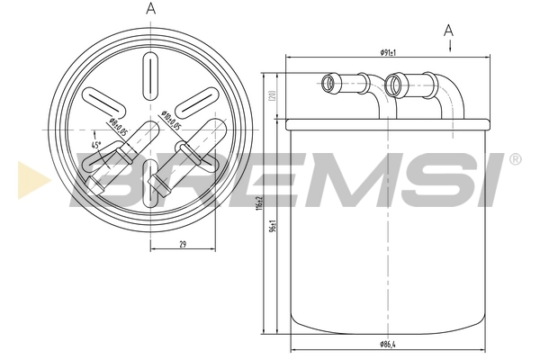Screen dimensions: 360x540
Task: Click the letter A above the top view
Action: pyautogui.click(x=150, y=9)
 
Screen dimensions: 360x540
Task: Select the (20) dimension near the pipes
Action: pyautogui.click(x=271, y=95)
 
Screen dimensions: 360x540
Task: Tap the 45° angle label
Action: pyautogui.click(x=95, y=145)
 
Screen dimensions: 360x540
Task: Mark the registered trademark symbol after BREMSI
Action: pyautogui.click(x=514, y=159)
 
